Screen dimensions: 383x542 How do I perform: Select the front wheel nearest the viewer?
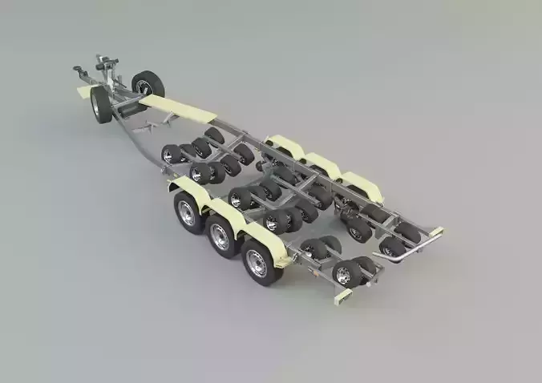pos(102,105)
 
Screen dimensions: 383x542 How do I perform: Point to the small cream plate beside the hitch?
pos(83,92)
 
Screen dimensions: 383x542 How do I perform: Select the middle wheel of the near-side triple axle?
pos(220,236)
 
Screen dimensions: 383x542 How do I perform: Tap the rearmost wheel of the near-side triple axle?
pos(258,262)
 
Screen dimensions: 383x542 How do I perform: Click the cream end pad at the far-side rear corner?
pos(436,232)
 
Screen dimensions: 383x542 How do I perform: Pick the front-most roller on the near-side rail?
pos(171,153)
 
